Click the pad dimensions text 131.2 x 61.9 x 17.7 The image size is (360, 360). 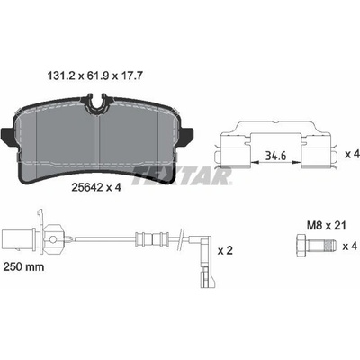[95, 76]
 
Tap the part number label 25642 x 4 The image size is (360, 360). [96, 187]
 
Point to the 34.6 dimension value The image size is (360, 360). [276, 156]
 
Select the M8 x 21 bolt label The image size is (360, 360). [327, 225]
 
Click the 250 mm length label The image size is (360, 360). [23, 266]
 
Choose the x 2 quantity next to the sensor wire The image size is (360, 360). [225, 250]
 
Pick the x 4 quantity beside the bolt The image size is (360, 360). [351, 247]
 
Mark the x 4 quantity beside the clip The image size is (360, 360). [352, 154]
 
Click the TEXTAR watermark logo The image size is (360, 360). [182, 176]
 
